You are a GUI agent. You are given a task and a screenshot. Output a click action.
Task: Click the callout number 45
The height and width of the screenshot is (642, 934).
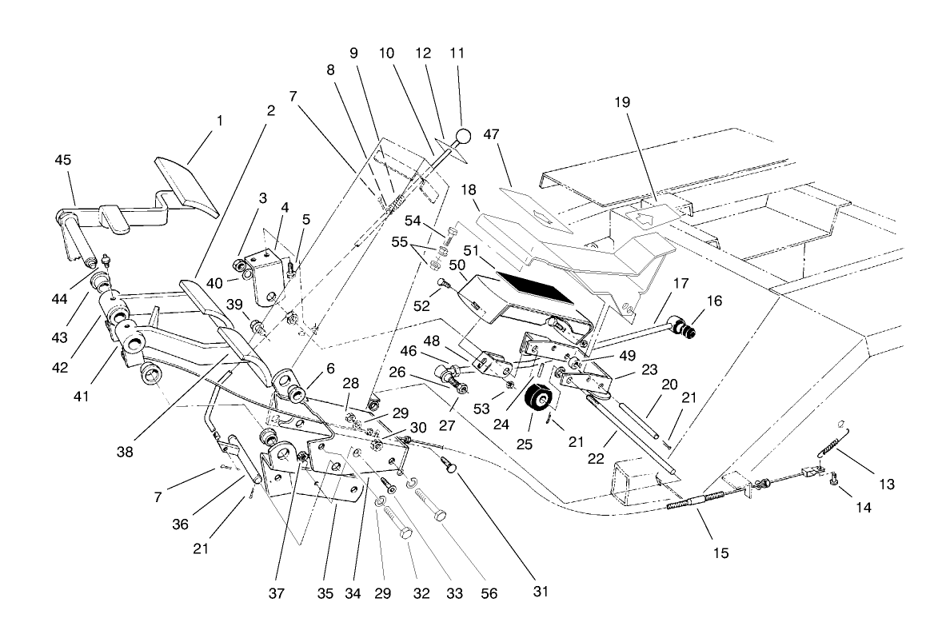tap(62, 160)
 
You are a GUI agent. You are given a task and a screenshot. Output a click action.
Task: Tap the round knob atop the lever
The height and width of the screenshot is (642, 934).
tap(463, 135)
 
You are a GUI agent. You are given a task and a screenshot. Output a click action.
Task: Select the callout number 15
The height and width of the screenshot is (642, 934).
tap(720, 552)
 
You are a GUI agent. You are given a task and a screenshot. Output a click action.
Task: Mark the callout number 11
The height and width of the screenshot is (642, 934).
tap(457, 53)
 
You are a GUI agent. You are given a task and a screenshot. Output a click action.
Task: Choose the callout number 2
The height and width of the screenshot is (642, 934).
tap(270, 110)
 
